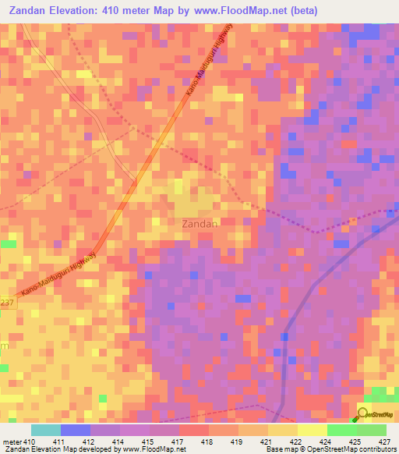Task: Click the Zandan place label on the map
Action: coord(199,223)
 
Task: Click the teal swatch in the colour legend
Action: coord(46,430)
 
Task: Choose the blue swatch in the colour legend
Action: coord(76,430)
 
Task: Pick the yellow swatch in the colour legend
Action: coord(312,430)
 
